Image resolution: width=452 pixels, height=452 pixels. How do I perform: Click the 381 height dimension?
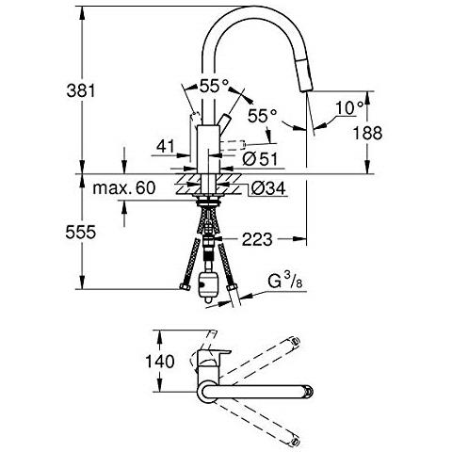click(x=81, y=91)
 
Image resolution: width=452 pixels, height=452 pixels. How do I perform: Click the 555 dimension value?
click(x=81, y=233)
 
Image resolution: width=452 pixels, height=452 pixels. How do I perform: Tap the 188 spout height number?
click(x=368, y=133)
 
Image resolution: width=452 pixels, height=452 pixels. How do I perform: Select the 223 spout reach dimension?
click(x=257, y=240)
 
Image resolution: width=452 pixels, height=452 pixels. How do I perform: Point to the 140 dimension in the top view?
click(x=160, y=362)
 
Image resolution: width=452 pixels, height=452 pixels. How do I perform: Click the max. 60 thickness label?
click(x=124, y=188)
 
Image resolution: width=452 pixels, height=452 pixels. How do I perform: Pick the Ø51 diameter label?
click(x=260, y=159)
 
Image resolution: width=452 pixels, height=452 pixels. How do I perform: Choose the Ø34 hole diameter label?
click(x=268, y=188)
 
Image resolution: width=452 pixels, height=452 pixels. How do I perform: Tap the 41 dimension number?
click(x=166, y=146)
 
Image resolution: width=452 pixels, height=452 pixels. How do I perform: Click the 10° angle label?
click(x=349, y=108)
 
